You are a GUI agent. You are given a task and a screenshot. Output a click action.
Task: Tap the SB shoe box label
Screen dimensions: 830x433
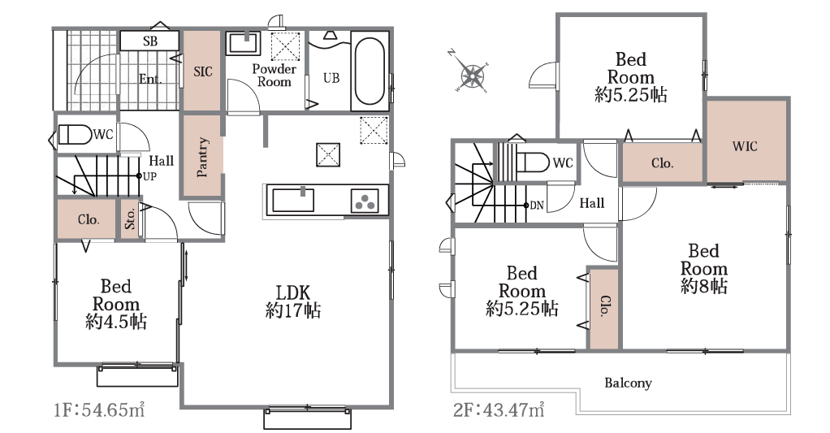coord(150,41)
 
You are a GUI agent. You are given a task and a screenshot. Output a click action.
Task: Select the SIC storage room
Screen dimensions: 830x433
coord(202,71)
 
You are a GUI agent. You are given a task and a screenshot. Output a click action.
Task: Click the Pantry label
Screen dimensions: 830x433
coord(202,157)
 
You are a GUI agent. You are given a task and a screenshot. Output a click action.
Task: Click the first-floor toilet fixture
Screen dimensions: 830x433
coord(74,135)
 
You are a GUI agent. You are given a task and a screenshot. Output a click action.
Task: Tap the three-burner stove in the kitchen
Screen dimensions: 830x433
coord(365,201)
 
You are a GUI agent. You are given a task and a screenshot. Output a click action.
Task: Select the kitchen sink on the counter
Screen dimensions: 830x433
coord(292,200)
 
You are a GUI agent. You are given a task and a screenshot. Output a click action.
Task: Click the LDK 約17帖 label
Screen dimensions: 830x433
coord(292,301)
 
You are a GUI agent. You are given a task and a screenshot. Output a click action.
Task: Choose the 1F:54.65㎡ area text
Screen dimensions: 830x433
coord(100,409)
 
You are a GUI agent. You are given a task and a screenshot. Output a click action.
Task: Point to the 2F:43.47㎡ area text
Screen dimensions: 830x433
coord(499,409)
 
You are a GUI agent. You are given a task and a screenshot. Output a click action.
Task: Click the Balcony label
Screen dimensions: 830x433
coord(629,383)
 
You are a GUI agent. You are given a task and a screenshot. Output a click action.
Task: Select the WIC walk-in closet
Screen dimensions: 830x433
coord(746,141)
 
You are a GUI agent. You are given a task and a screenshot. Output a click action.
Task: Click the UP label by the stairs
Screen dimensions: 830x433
coord(149,176)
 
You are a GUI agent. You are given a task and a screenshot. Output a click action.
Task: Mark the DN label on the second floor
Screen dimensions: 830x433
coord(537,206)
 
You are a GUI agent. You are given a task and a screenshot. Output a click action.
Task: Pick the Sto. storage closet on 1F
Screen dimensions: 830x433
coord(130,218)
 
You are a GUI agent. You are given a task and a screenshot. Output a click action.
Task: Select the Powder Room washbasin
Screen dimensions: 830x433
coord(244,43)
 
